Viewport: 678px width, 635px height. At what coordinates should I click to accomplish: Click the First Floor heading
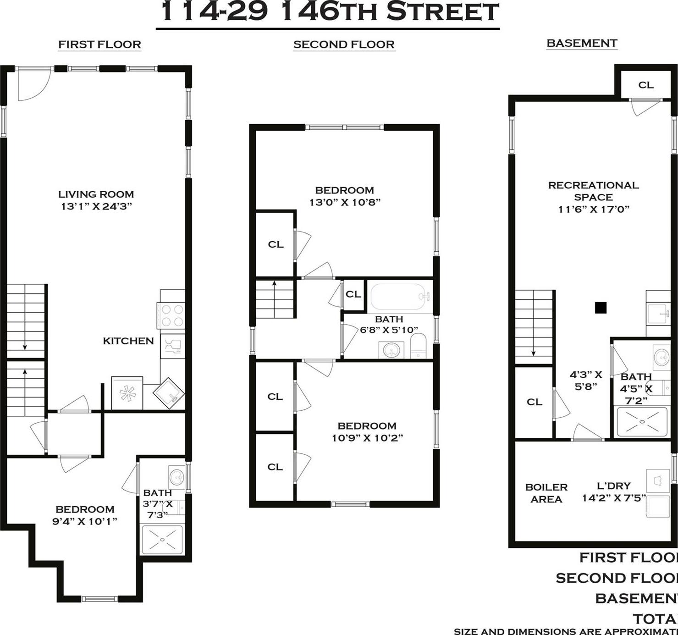tap(99, 44)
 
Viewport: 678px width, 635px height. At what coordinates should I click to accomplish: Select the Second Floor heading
tap(344, 44)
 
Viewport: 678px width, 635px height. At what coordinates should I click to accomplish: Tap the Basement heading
tap(582, 43)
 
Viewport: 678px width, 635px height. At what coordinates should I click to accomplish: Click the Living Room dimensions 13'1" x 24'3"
tap(96, 206)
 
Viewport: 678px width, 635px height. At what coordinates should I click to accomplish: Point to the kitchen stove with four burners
tap(172, 315)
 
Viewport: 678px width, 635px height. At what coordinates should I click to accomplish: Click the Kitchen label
tap(128, 341)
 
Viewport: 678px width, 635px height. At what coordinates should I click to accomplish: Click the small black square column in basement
tap(601, 308)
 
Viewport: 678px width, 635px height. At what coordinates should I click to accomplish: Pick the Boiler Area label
tap(546, 493)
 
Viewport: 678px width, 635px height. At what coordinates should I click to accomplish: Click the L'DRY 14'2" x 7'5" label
tap(614, 491)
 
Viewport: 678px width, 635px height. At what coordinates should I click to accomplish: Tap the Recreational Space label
tap(593, 191)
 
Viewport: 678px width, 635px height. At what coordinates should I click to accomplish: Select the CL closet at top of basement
tap(646, 85)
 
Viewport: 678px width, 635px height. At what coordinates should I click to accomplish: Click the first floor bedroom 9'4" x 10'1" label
tap(85, 515)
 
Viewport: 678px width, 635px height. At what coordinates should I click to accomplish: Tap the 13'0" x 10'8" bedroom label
tap(345, 196)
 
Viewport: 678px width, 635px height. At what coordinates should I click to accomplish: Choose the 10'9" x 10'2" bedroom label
tap(367, 432)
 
